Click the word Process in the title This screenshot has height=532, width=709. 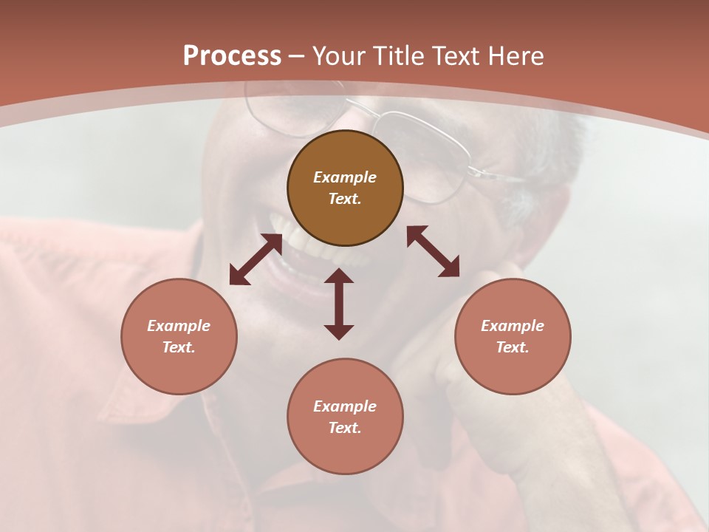(232, 56)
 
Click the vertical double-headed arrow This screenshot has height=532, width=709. (339, 304)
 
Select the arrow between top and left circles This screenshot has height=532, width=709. (256, 259)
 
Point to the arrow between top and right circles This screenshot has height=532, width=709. (433, 251)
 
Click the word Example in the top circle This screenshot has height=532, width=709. (345, 177)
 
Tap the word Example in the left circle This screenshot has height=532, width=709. (179, 326)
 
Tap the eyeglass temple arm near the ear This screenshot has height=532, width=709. (495, 174)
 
